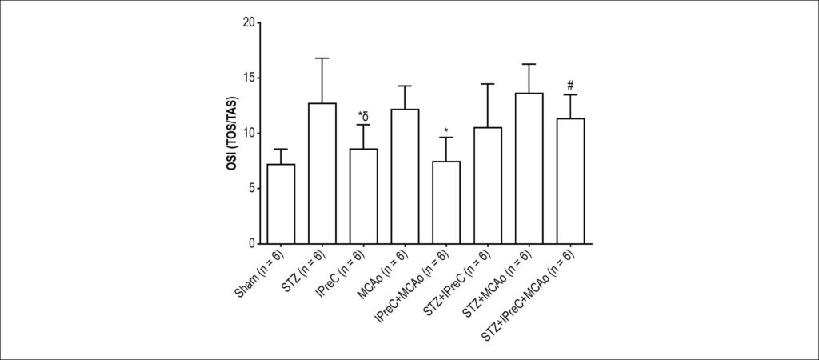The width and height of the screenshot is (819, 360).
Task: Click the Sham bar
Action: pyautogui.click(x=281, y=204)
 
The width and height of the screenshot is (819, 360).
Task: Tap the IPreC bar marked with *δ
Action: pyautogui.click(x=364, y=197)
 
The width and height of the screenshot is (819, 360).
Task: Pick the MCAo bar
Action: pyautogui.click(x=405, y=177)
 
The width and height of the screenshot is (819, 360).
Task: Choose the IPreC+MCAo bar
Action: pyautogui.click(x=446, y=202)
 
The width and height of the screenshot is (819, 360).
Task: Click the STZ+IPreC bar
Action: pyautogui.click(x=487, y=186)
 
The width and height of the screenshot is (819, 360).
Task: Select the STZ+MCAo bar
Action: pyautogui.click(x=529, y=168)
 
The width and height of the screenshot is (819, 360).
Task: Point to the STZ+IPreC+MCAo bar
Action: pyautogui.click(x=570, y=182)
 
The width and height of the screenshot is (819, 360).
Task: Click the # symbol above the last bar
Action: pyautogui.click(x=570, y=85)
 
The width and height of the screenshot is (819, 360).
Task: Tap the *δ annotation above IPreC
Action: pyautogui.click(x=364, y=115)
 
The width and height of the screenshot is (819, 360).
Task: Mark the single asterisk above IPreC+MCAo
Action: pyautogui.click(x=446, y=130)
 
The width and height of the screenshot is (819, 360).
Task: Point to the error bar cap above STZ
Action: pyautogui.click(x=322, y=58)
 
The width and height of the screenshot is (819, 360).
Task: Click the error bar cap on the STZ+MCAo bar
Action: pyautogui.click(x=529, y=64)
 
